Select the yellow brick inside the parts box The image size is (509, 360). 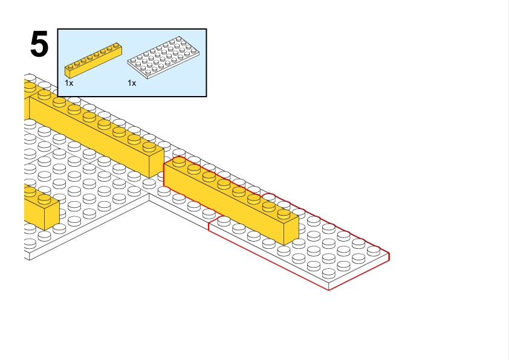point(94,60)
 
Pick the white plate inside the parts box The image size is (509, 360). point(163,57)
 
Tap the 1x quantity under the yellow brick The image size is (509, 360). point(69,83)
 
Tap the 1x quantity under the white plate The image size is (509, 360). point(132,83)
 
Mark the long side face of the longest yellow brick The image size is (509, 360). point(89,137)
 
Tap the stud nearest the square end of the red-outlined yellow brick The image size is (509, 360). point(284,213)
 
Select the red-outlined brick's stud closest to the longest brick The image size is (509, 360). point(179,161)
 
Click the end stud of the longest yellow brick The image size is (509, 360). point(149,146)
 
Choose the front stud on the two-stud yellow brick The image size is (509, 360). point(45,199)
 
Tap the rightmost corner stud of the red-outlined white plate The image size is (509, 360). point(374,250)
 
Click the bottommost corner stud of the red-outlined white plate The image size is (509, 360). point(328,272)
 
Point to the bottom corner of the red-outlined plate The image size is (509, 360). point(328,290)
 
